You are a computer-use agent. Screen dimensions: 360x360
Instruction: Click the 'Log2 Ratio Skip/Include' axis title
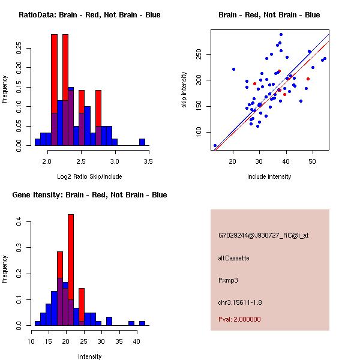[89, 176]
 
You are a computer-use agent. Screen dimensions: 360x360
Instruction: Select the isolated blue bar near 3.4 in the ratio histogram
[142, 142]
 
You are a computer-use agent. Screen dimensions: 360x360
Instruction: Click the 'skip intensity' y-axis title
[184, 90]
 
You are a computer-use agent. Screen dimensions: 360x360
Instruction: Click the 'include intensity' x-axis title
[269, 176]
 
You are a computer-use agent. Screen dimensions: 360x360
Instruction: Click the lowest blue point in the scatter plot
[215, 146]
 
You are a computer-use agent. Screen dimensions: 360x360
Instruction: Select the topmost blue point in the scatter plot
[281, 35]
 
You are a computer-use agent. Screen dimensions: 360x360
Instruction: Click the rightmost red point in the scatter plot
[308, 79]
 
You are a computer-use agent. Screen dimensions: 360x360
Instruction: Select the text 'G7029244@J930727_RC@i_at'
[263, 236]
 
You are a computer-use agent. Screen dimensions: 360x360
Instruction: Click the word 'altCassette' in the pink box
[233, 258]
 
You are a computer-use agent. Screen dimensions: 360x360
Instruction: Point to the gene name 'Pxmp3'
[227, 280]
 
